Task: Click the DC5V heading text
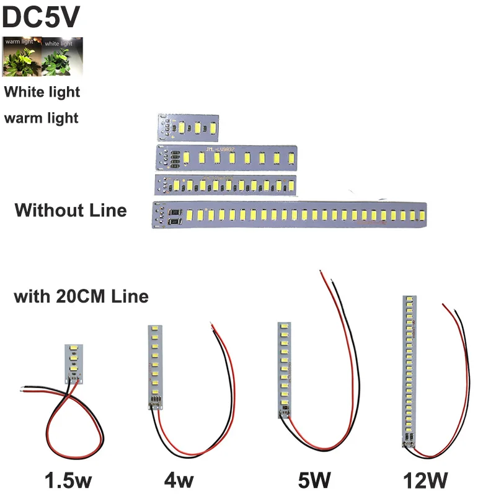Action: [41, 17]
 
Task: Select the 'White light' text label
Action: [42, 92]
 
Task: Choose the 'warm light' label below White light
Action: [41, 117]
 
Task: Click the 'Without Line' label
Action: [70, 210]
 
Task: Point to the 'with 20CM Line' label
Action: [81, 296]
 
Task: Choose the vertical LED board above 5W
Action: [283, 370]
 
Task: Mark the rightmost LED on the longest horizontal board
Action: [420, 215]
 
